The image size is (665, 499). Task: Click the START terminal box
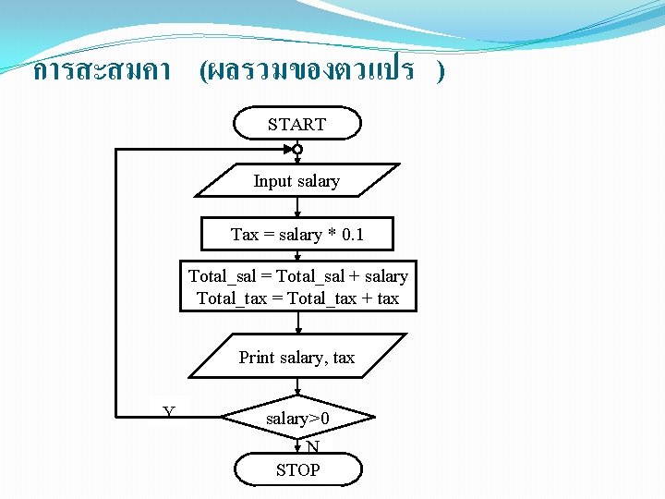pos(297,124)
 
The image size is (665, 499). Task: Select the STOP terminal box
pos(297,469)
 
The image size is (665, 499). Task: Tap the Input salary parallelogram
pos(296,181)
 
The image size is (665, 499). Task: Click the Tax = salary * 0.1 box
pos(297,235)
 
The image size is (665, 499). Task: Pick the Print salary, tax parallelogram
pos(296,357)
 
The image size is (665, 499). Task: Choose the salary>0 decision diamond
pos(297,420)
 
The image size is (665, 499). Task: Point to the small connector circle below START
pos(297,149)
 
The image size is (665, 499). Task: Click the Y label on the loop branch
pos(169,411)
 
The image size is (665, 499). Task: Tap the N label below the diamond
pos(313,447)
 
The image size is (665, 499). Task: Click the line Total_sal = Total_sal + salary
pos(297,276)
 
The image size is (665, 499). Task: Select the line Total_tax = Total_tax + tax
pos(297,298)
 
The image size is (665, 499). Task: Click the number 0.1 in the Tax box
pos(353,235)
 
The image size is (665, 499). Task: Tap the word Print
pos(256,357)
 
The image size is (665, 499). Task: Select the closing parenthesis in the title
pos(441,71)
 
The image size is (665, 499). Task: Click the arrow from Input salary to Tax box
pos(297,208)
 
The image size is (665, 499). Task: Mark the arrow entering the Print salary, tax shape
pos(297,323)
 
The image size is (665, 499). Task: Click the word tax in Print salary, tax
pos(343,357)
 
